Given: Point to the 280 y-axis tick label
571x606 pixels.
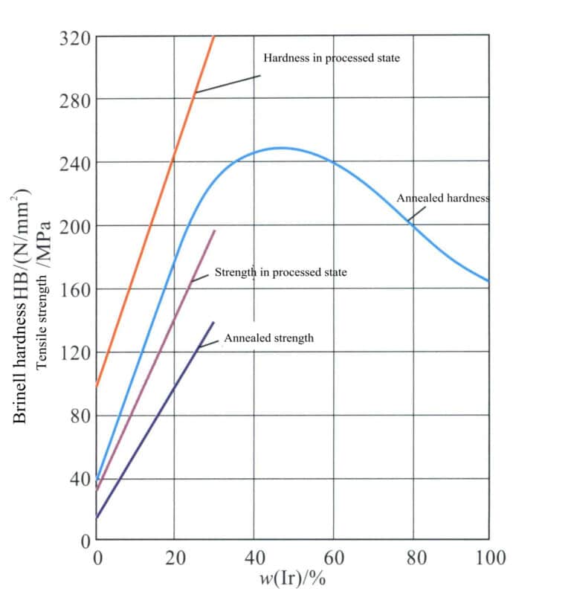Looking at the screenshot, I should (x=74, y=100).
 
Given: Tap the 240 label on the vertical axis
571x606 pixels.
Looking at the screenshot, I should (x=74, y=163).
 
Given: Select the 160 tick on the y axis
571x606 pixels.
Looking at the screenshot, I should (x=74, y=289).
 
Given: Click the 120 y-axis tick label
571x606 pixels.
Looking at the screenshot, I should (x=74, y=352).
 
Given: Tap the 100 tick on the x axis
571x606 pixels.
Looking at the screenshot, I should (x=490, y=557).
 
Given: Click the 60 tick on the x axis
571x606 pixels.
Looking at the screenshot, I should (x=333, y=557).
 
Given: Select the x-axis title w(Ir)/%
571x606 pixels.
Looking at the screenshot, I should (x=292, y=578).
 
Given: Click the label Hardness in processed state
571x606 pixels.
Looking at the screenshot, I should (x=332, y=58).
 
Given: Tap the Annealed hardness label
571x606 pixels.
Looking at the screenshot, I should (x=442, y=199).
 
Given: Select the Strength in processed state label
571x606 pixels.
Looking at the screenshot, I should (x=280, y=273).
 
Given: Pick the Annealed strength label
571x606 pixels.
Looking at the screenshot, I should (x=268, y=338).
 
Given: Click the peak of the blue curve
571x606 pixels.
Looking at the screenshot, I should (x=281, y=147).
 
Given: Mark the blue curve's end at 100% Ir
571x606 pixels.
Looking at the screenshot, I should (x=488, y=281).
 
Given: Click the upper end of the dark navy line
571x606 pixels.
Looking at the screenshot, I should (x=214, y=322).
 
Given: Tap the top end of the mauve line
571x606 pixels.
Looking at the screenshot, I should (x=215, y=231).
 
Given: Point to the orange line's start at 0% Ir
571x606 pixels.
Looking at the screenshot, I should (x=97, y=387).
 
